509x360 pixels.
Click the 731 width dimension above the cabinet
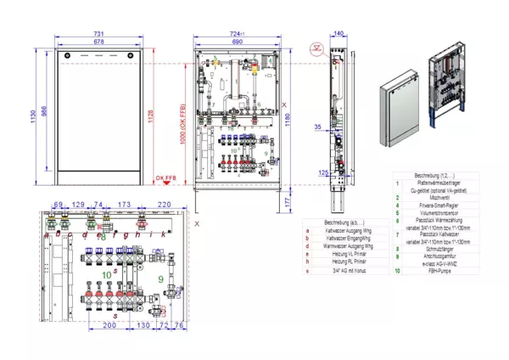point(99,32)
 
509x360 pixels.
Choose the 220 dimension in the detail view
point(164,205)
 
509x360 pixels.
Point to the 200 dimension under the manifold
point(109,325)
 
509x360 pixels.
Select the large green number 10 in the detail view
point(106,275)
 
